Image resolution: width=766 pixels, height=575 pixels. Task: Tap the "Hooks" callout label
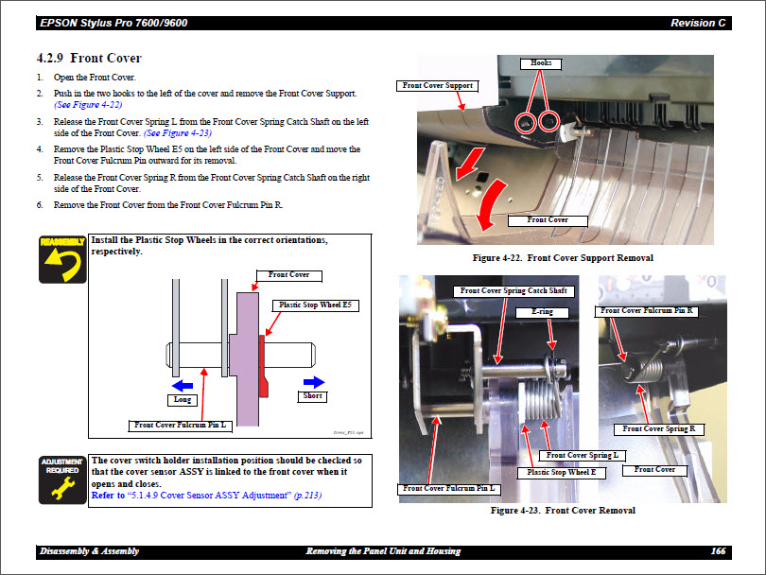click(541, 63)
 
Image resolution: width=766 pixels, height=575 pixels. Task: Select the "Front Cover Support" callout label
click(436, 85)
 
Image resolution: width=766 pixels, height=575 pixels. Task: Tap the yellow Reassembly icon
click(62, 258)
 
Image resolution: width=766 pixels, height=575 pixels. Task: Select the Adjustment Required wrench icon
click(62, 479)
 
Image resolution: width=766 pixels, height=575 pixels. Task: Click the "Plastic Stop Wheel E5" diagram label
click(315, 305)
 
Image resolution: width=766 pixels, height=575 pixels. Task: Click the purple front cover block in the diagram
click(247, 359)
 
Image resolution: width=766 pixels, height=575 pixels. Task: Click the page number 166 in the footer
click(718, 551)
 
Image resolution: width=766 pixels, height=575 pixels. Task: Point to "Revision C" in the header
click(699, 23)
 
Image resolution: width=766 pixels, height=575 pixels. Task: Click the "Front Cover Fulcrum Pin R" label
click(647, 310)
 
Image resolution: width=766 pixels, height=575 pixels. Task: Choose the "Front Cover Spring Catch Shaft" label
click(514, 290)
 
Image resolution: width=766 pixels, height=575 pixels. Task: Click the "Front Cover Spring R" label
click(659, 428)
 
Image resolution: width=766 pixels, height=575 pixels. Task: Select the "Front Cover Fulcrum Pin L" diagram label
click(180, 426)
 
